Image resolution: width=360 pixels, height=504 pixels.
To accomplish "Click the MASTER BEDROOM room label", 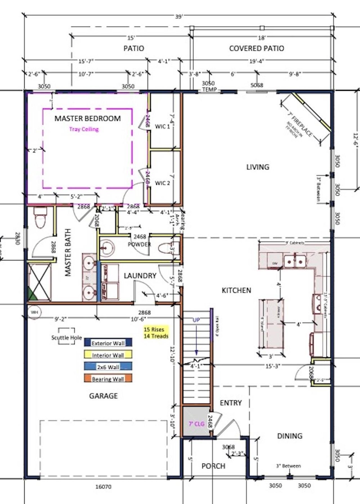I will [87, 118].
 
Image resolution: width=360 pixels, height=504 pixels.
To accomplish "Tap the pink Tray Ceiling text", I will [84, 129].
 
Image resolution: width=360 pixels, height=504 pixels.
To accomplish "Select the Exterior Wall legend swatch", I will [108, 343].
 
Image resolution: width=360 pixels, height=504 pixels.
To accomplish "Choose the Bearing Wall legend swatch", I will [108, 379].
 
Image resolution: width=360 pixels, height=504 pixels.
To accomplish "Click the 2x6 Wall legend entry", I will [108, 366].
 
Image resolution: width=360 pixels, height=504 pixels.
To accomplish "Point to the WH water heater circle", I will [34, 312].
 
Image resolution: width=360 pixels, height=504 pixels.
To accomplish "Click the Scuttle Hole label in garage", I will [67, 337].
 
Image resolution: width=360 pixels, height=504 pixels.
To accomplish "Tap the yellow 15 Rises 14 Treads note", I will [156, 332].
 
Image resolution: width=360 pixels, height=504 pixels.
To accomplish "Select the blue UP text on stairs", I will [196, 320].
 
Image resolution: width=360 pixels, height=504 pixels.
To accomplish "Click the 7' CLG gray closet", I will [196, 423].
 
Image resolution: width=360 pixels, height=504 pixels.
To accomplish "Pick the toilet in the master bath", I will [40, 217].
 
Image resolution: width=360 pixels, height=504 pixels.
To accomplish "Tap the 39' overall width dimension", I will [179, 17].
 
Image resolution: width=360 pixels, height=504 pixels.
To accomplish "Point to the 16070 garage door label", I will [103, 486].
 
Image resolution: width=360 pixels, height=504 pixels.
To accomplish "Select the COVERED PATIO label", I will [256, 48].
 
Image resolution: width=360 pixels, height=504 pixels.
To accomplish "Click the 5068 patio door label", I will [257, 85].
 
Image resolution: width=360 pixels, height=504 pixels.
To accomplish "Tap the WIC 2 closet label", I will [163, 183].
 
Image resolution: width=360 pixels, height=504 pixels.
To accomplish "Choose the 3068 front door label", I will [228, 447].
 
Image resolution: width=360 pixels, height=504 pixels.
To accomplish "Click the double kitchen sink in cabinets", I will [295, 262].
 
